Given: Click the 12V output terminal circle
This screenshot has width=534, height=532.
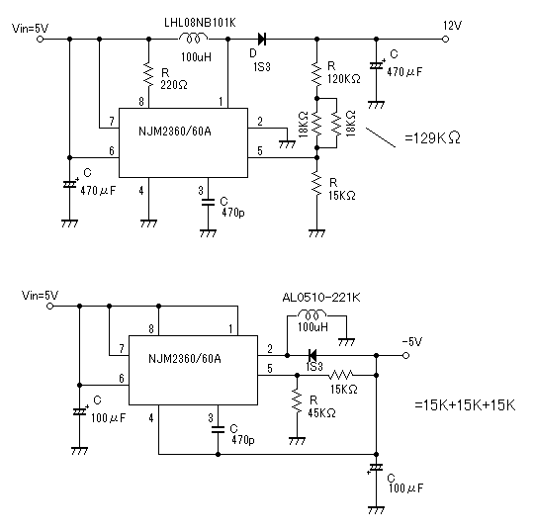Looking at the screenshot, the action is tap(445, 40).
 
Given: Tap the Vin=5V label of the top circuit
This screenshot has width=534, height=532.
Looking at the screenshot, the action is tap(30, 28).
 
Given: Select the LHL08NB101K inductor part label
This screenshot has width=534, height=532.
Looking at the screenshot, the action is tap(200, 23).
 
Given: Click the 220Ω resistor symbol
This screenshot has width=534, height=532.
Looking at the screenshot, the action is tap(148, 74).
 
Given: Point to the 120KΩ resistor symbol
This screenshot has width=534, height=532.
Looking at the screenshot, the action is tap(316, 74).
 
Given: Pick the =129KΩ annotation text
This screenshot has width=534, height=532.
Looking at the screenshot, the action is tap(432, 137).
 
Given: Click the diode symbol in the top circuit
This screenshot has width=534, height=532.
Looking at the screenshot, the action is tap(261, 40).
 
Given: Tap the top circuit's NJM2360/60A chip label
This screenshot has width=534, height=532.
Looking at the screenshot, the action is tap(175, 132).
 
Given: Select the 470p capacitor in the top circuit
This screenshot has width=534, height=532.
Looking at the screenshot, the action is tap(208, 202).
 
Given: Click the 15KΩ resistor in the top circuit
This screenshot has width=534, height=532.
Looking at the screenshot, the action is tap(316, 184).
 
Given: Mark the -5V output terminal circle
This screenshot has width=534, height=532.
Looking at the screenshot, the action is tap(405, 356).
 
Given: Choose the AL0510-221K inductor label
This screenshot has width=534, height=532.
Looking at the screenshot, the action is tap(321, 298).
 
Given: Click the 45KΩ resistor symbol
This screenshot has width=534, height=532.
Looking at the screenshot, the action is tap(297, 401).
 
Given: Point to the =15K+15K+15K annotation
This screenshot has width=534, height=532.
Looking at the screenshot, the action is tap(465, 405).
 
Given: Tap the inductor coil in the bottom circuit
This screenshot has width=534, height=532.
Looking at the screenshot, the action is tap(311, 314).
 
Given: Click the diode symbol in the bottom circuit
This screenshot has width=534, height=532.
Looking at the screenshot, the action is tap(311, 356).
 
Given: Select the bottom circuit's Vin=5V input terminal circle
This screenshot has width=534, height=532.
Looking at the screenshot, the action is tap(49, 307).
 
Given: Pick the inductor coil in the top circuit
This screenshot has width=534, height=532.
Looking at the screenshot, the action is tap(193, 39).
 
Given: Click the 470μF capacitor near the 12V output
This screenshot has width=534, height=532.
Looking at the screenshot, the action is tap(376, 65).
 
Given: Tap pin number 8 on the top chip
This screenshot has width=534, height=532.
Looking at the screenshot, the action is tap(141, 101).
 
